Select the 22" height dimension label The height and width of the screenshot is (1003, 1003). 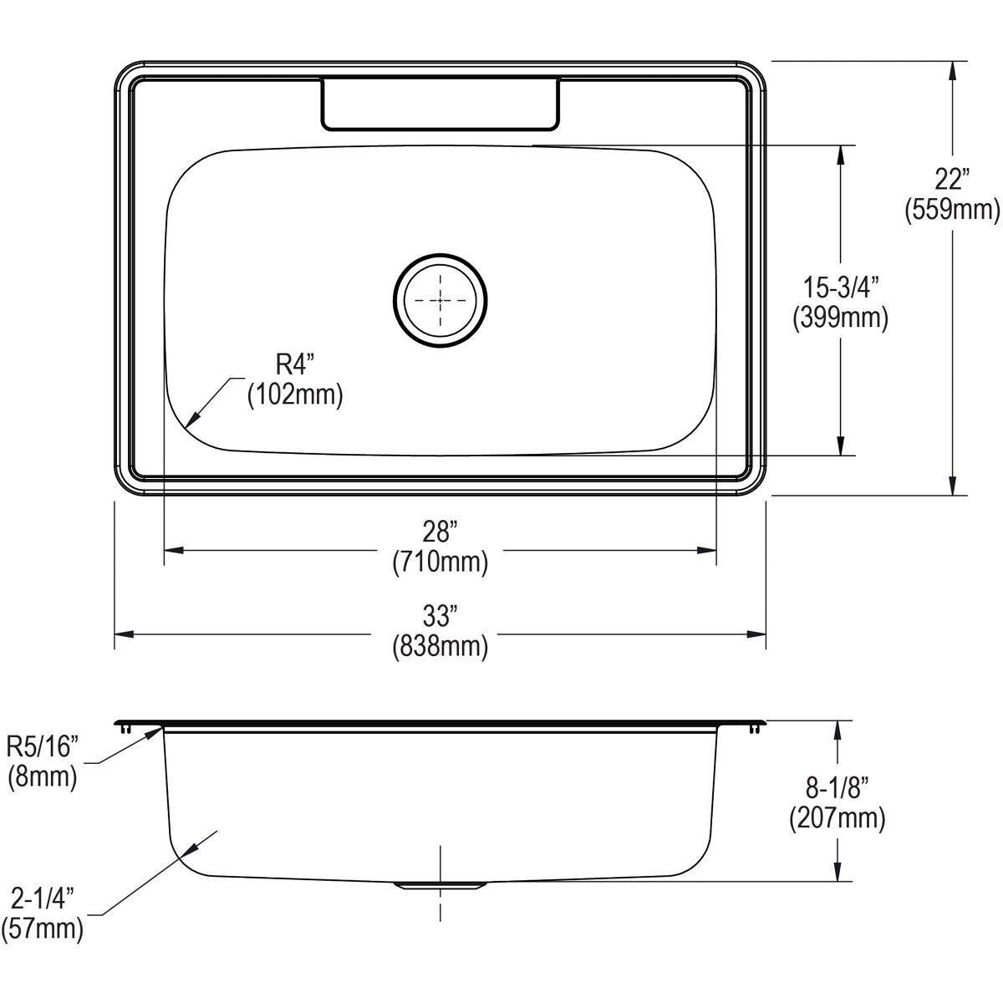951,180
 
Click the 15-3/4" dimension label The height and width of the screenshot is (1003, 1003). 840,288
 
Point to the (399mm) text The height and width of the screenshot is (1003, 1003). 840,318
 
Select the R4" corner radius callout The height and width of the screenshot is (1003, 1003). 294,364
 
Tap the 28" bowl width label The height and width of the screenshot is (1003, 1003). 440,532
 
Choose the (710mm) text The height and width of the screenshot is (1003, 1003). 440,563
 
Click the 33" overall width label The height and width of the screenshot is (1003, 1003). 440,617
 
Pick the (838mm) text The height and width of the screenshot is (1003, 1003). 440,646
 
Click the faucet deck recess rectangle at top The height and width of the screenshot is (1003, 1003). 440,104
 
